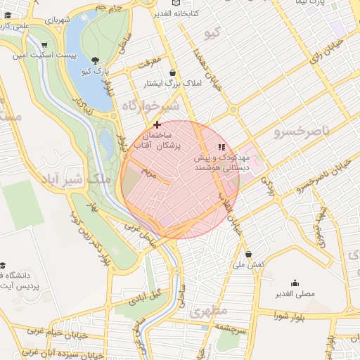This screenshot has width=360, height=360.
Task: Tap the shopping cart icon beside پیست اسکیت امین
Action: pyautogui.click(x=44, y=44)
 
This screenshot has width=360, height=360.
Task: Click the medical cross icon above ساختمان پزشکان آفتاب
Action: pyautogui.click(x=157, y=124)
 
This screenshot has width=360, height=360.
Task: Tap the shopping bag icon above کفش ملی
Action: pyautogui.click(x=247, y=254)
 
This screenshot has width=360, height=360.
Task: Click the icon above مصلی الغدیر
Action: pyautogui.click(x=295, y=283)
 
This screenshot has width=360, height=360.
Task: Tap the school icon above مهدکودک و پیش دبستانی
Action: pyautogui.click(x=221, y=147)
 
